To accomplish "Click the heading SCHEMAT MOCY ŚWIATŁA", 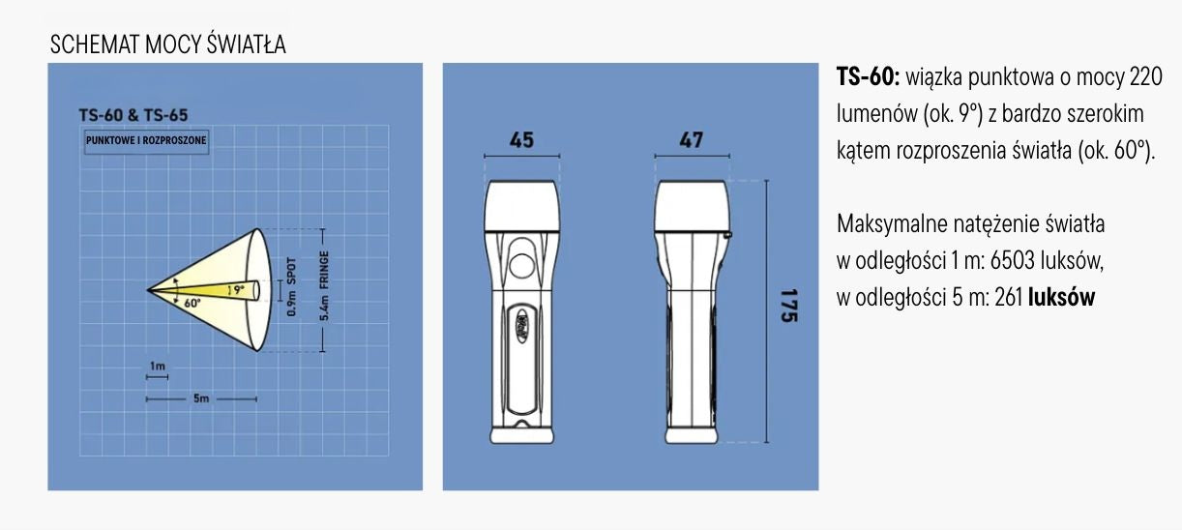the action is [167, 44].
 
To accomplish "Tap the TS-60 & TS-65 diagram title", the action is [133, 115].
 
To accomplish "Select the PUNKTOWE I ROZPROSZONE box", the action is [146, 141].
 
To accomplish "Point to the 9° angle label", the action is [239, 289].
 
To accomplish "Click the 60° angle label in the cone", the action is [192, 304].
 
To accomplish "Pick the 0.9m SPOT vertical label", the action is [292, 287].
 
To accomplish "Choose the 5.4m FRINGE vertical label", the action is [325, 285].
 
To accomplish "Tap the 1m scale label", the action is [158, 366].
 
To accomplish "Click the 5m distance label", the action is [201, 398].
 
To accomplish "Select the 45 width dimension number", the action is [521, 140].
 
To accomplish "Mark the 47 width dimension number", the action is [691, 140].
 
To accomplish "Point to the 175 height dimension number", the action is [789, 306].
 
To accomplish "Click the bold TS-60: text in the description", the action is [869, 77].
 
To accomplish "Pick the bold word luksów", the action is [1062, 298].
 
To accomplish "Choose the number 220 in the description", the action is [1145, 77].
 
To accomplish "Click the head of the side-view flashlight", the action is [692, 206].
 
